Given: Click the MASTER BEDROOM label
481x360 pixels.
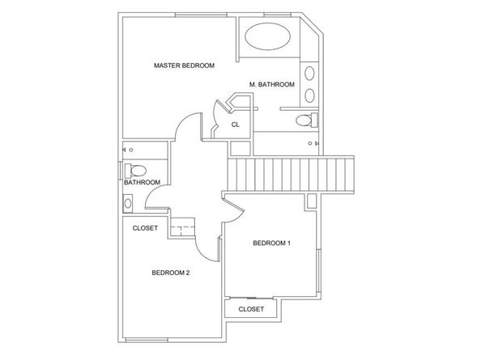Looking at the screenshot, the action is point(184,66).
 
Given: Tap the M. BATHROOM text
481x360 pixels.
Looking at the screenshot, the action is point(272,85).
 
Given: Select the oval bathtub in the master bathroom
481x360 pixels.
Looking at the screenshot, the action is point(267,36).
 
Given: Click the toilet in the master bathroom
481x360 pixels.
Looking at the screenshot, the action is point(307,120).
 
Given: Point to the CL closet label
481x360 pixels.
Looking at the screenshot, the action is point(236,125).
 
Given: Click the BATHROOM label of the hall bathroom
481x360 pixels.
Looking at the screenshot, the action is point(142,182).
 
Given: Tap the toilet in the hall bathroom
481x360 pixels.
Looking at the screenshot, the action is point(135,171).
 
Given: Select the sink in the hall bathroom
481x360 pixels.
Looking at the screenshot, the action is point(128,203).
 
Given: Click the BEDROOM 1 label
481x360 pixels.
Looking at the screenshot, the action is point(271,244).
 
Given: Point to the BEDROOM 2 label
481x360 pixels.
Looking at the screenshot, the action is point(171,273).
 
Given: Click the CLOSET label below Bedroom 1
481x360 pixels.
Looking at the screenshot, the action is point(251,309).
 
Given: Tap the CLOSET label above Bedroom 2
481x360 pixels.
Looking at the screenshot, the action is point(145,228).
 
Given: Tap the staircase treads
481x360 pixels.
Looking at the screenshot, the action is point(291,174).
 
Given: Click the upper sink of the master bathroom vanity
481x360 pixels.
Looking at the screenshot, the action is point(309,74).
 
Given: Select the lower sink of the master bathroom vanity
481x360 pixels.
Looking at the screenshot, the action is point(309,95).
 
